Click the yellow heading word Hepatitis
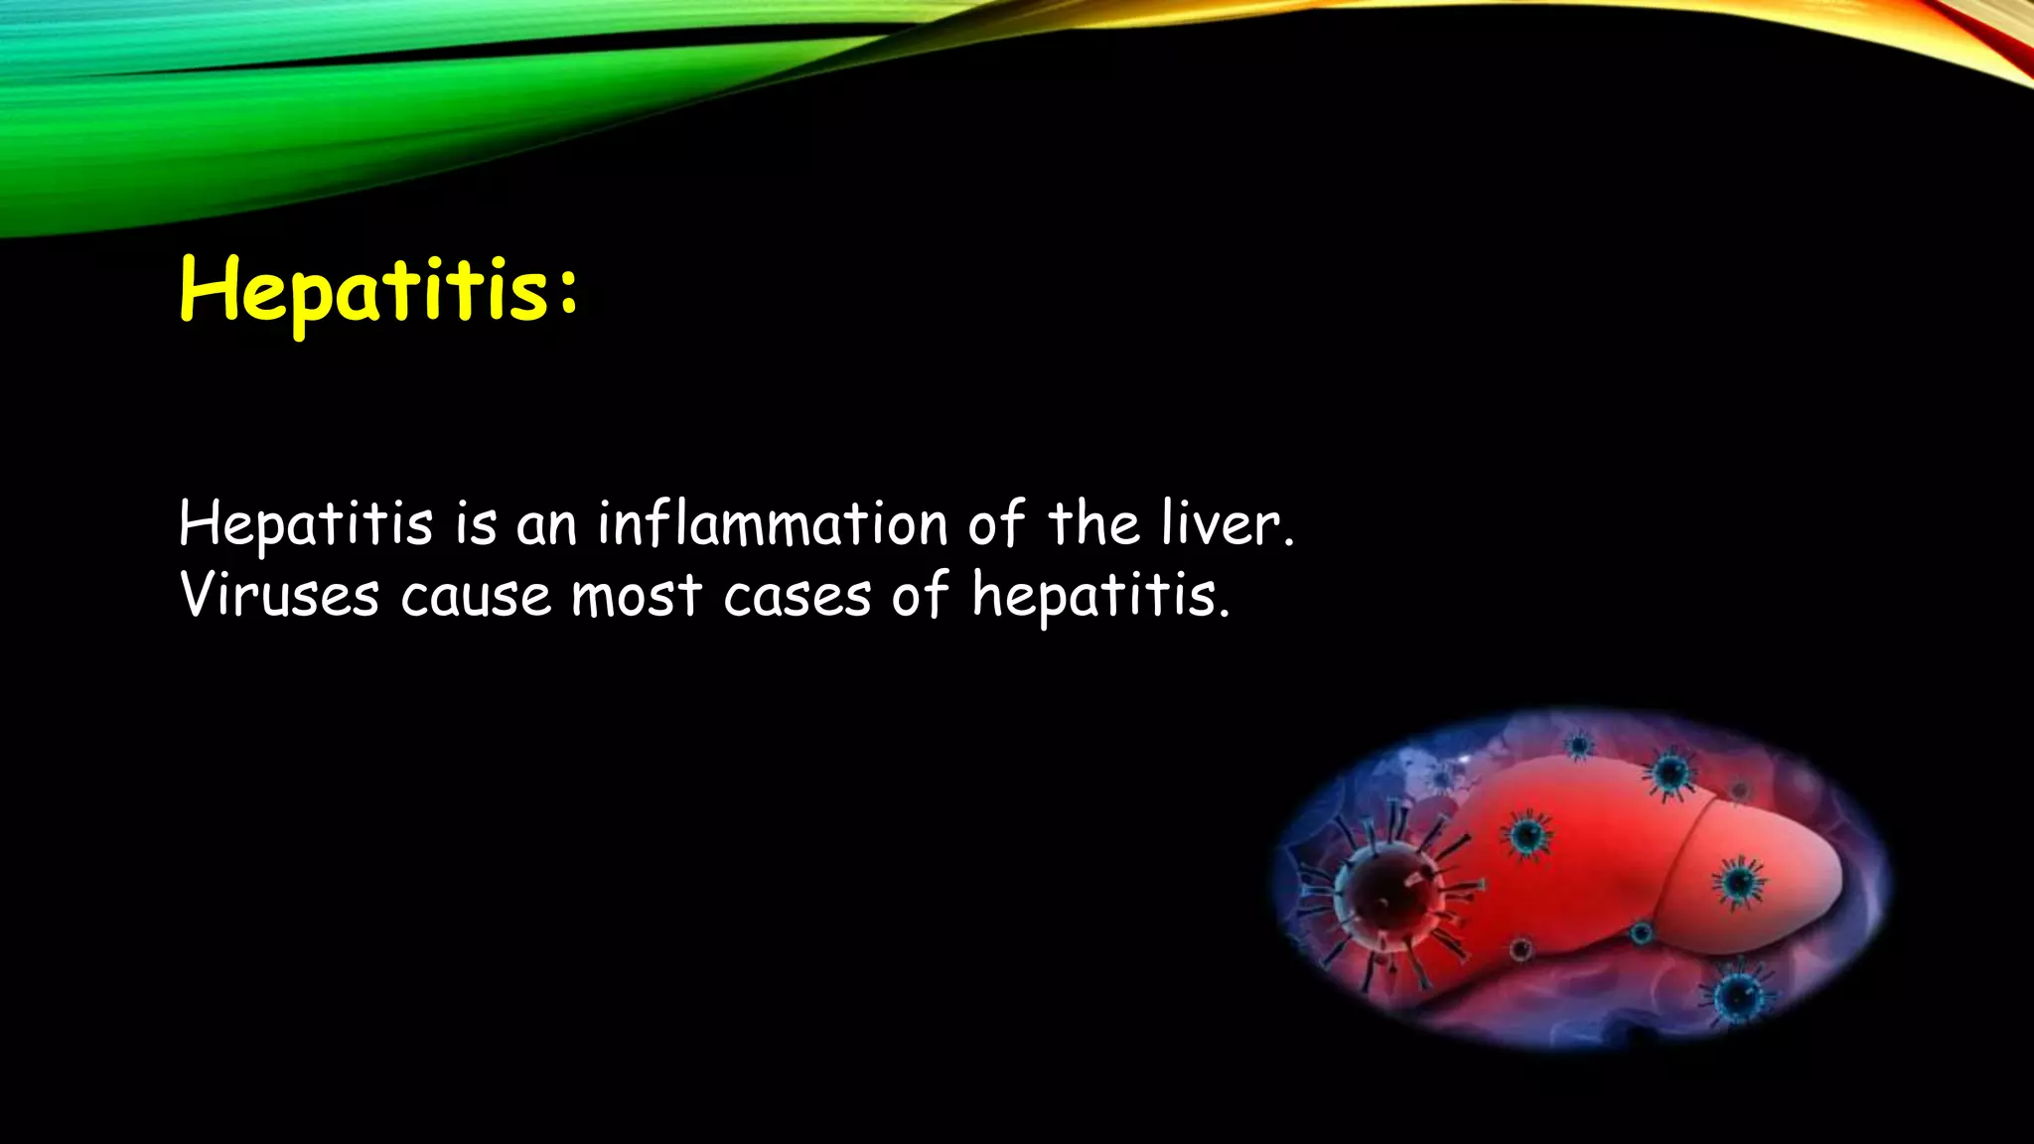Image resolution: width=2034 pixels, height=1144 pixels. point(363,290)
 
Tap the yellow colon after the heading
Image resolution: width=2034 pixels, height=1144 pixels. point(567,293)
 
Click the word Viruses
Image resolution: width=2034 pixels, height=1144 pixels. point(279,596)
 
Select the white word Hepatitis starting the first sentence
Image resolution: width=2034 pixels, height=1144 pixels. point(306,525)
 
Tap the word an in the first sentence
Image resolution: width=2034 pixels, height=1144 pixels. point(545,526)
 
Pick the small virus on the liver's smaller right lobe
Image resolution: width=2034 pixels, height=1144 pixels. point(1738,881)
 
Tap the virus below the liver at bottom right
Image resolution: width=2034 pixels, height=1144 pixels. point(1738,993)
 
